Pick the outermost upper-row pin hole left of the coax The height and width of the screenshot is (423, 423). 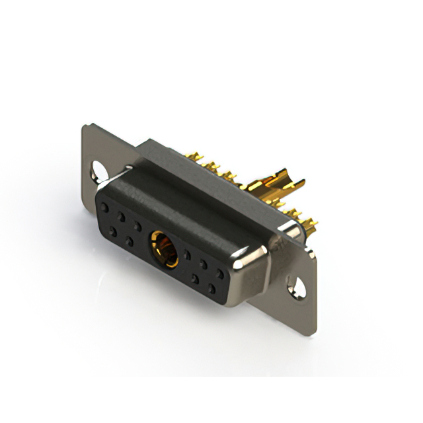(x=104, y=207)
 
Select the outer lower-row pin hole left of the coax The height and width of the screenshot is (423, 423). (x=113, y=229)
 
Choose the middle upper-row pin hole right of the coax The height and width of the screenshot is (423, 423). (x=204, y=263)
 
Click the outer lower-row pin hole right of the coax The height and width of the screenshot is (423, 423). (x=212, y=288)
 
